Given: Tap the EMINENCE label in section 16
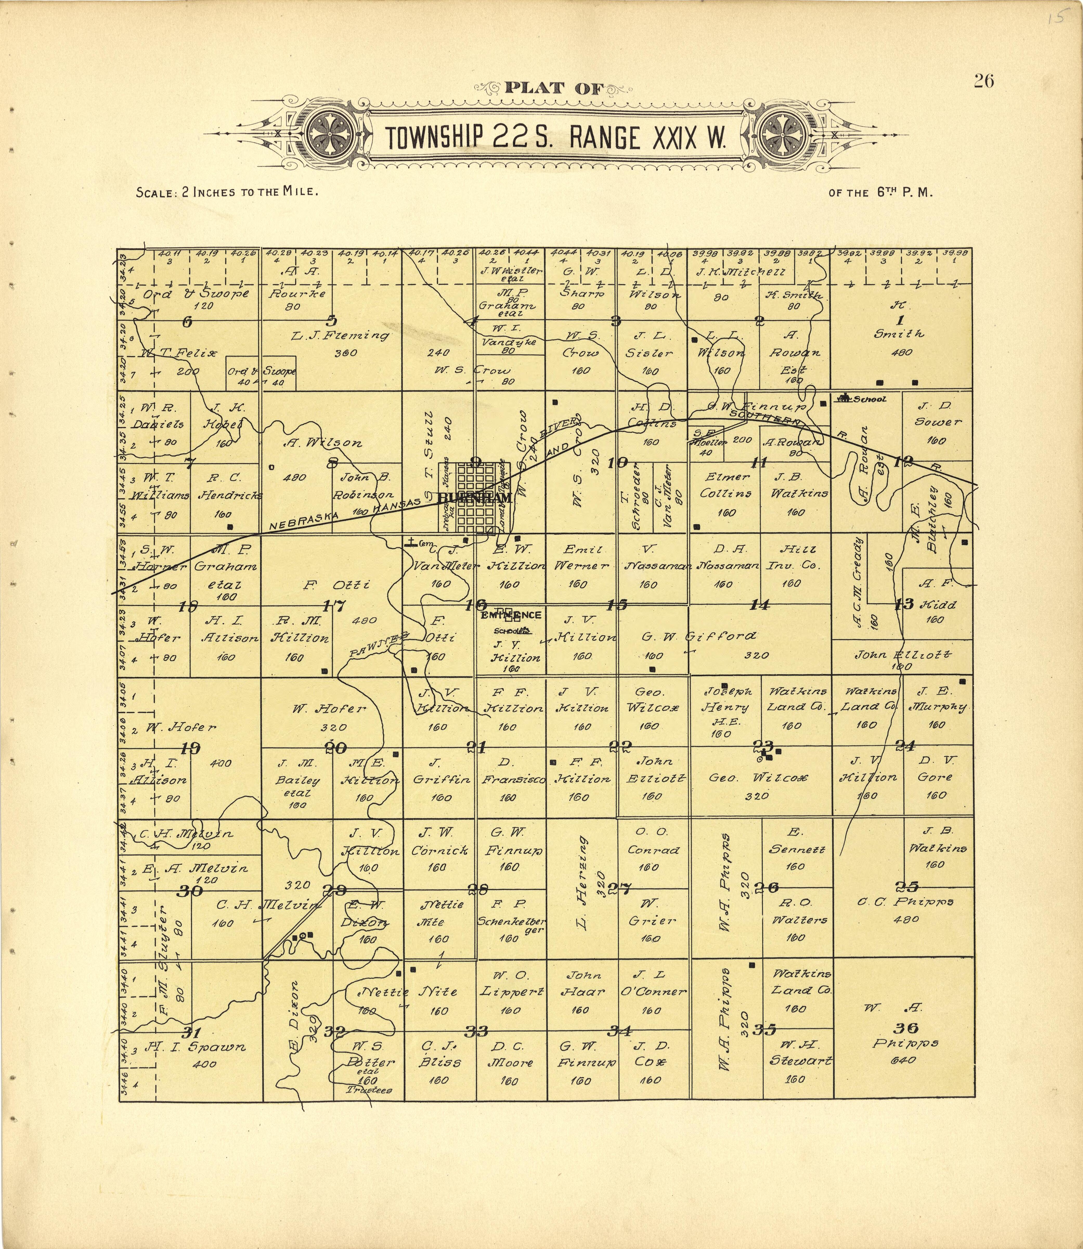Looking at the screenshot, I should (511, 615).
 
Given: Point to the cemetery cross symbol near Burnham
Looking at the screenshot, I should (411, 542).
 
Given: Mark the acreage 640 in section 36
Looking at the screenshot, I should (903, 1060).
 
